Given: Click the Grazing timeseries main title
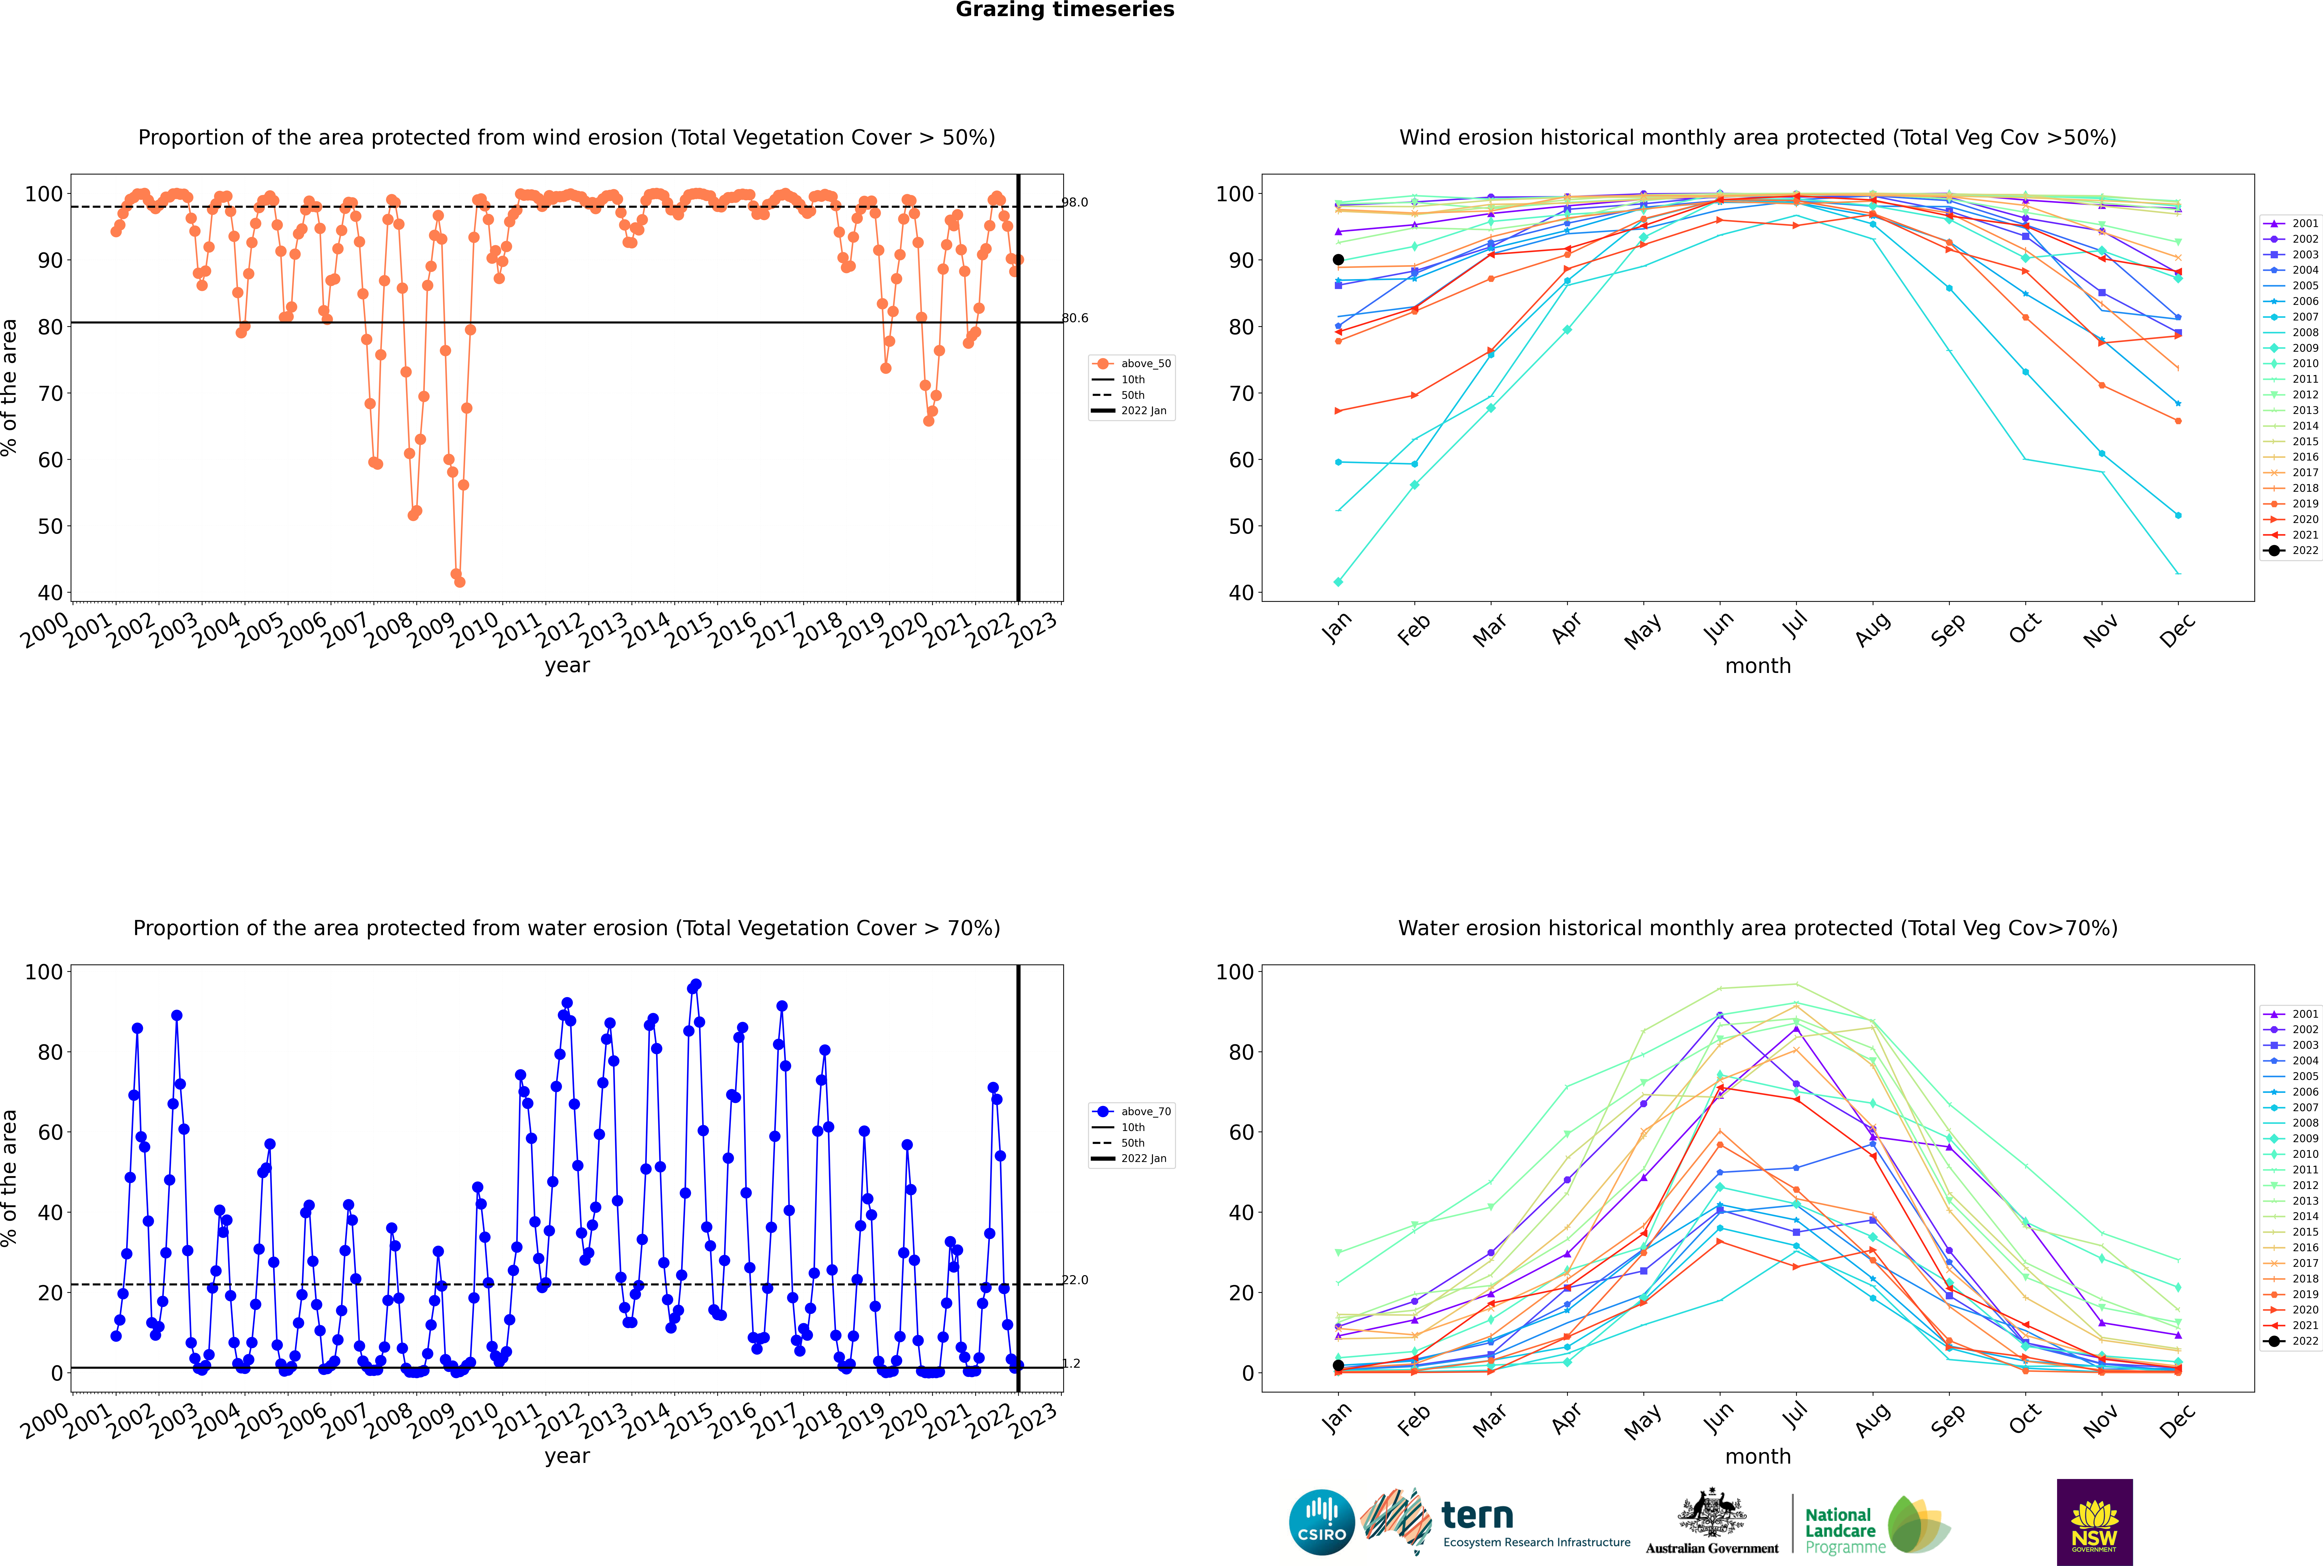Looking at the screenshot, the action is pos(1065,10).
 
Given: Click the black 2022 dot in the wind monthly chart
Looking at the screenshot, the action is pos(1338,260).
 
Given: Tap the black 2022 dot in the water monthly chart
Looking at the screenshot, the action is pos(1338,1365).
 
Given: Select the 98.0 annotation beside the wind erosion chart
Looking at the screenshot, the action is pos(1075,203).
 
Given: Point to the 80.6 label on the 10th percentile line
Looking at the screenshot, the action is pos(1075,319).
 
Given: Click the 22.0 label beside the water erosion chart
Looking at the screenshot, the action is pos(1075,1280).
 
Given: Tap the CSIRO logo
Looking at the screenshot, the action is pos(1321,1523).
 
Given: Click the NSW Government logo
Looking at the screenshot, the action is pos(2094,1522).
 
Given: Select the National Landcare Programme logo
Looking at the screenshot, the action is pos(1878,1525).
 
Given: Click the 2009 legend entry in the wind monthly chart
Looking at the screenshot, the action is pos(2297,348).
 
